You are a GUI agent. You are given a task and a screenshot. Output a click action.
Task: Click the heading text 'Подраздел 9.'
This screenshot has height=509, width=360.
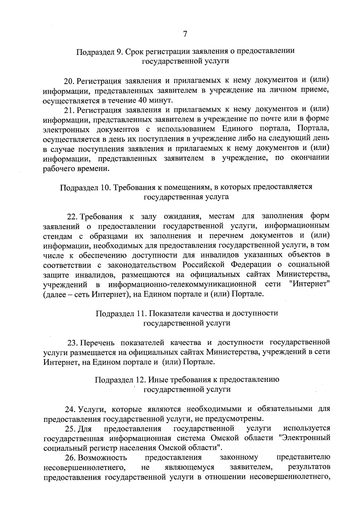pyautogui.click(x=99, y=51)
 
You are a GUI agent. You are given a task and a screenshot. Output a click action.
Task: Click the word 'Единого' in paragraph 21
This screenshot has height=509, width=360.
pyautogui.click(x=236, y=129)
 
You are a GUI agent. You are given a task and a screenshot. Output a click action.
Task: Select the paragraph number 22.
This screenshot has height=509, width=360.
pyautogui.click(x=72, y=217)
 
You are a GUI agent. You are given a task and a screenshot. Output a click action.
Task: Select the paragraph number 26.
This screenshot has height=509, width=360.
pyautogui.click(x=71, y=458)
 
